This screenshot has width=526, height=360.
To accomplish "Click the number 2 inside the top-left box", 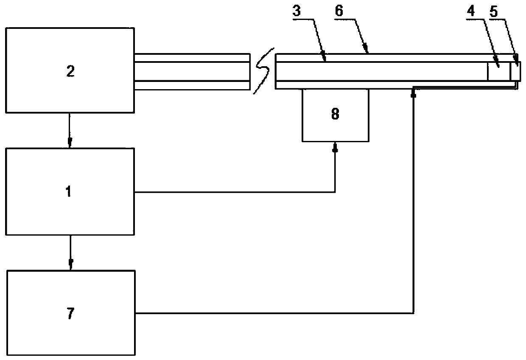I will pyautogui.click(x=70, y=71).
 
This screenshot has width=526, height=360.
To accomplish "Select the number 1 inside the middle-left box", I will pyautogui.click(x=69, y=191).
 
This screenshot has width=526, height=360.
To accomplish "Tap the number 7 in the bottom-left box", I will pyautogui.click(x=70, y=314).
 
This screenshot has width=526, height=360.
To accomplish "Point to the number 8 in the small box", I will pyautogui.click(x=335, y=115).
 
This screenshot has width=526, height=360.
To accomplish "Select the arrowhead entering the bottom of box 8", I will pyautogui.click(x=335, y=147).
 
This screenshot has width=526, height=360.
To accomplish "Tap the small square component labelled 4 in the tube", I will pyautogui.click(x=498, y=71).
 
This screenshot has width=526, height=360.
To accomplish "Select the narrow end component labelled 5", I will pyautogui.click(x=515, y=71).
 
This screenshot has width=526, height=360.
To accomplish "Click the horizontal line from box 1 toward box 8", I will pyautogui.click(x=233, y=192).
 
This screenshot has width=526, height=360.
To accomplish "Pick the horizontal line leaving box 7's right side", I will pyautogui.click(x=271, y=314).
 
